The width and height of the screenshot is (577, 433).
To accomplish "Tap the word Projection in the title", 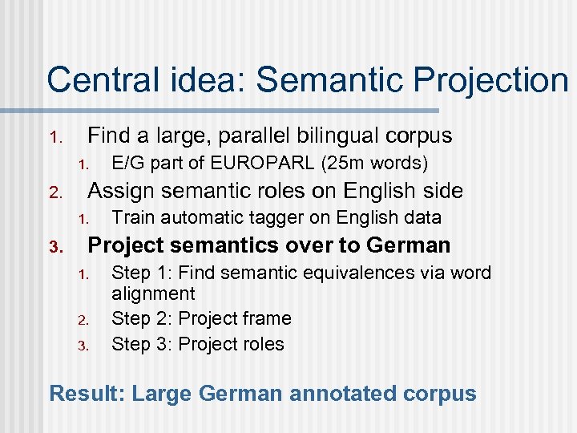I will tap(484, 80).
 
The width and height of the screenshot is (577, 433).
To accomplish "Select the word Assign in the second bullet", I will tap(115, 191).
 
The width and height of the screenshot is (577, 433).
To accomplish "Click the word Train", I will tap(133, 217).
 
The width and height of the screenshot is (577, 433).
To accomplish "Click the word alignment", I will tap(153, 293).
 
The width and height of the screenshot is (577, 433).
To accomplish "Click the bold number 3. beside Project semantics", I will tap(55, 246).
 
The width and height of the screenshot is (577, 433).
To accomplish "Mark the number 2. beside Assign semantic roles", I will tap(55, 192).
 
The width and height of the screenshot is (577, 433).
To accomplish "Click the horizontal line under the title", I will tap(240, 110).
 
